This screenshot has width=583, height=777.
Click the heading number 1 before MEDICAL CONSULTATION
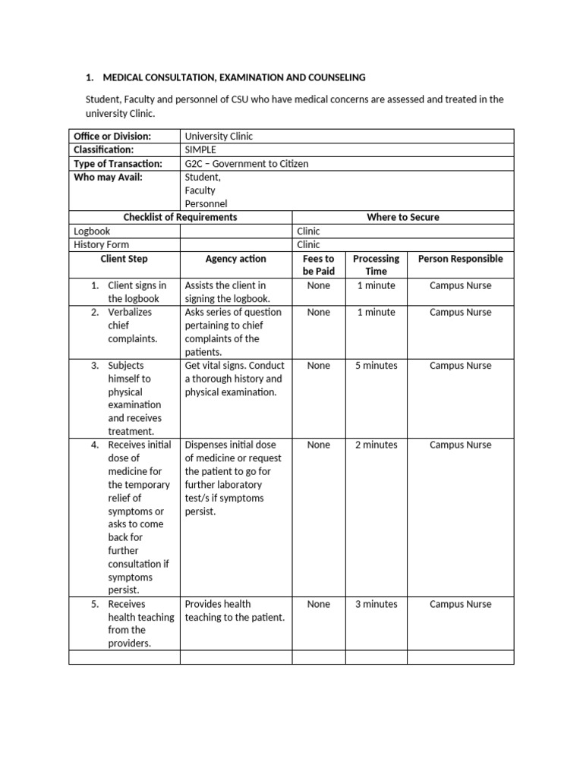88,77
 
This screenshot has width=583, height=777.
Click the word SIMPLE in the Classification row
201,149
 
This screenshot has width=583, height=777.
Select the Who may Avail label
108,177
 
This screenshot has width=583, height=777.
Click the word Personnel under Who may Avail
206,203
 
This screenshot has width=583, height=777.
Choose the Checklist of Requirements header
180,217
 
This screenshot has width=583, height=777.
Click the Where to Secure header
402,217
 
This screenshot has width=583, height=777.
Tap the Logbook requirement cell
92,231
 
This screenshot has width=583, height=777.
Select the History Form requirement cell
101,244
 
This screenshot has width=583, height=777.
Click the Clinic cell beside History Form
308,244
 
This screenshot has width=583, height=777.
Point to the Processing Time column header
376,265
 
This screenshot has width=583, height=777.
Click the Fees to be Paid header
318,265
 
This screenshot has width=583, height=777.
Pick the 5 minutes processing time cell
376,365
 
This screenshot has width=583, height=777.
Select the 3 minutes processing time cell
376,604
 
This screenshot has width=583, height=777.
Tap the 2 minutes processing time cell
376,445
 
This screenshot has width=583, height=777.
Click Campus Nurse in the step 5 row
460,604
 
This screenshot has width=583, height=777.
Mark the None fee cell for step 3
318,365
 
